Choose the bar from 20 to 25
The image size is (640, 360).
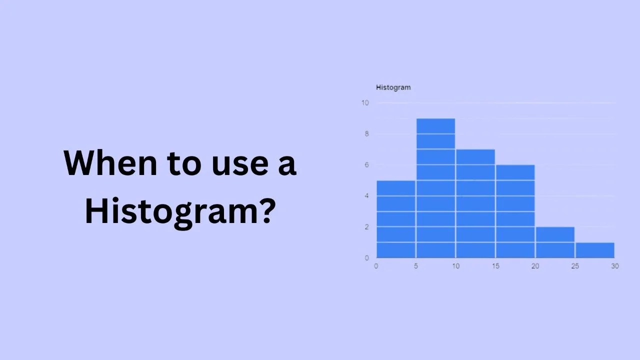coord(555,242)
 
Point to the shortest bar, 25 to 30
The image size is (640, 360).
coord(594,250)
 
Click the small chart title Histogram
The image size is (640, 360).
coord(393,87)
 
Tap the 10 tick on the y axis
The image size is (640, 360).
coord(365,103)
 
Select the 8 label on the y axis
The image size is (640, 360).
coord(366,134)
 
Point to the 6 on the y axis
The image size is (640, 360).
coord(366,165)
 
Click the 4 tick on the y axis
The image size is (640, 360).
coord(366,196)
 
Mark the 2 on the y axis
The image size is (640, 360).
coord(366,227)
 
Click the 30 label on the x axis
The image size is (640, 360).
coord(614,266)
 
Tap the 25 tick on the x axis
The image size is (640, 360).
coord(575,266)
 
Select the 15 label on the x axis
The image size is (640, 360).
coord(495,266)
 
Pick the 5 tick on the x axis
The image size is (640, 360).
coord(416,266)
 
